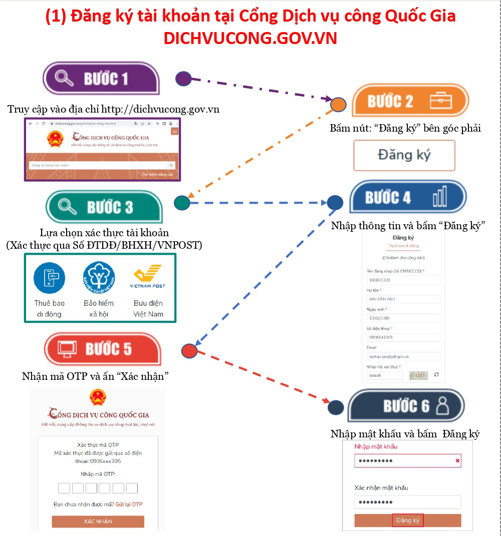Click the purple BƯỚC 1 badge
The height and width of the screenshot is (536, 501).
point(101,79)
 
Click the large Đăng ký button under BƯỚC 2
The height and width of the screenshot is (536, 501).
point(404,155)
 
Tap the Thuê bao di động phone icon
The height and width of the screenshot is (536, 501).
point(49,278)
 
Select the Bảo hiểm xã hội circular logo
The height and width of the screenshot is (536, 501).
point(99,278)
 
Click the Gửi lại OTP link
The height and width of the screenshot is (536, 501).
point(129,504)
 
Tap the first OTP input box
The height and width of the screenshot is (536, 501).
point(64,488)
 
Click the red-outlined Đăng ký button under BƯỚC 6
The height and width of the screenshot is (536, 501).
point(408,520)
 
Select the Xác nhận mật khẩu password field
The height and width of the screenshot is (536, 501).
point(407,502)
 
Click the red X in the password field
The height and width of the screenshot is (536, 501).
point(457,461)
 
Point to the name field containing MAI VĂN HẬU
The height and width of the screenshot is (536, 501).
point(403,299)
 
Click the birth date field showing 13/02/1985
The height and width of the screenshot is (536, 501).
point(403,318)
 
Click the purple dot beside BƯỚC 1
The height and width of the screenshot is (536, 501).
point(183,78)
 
